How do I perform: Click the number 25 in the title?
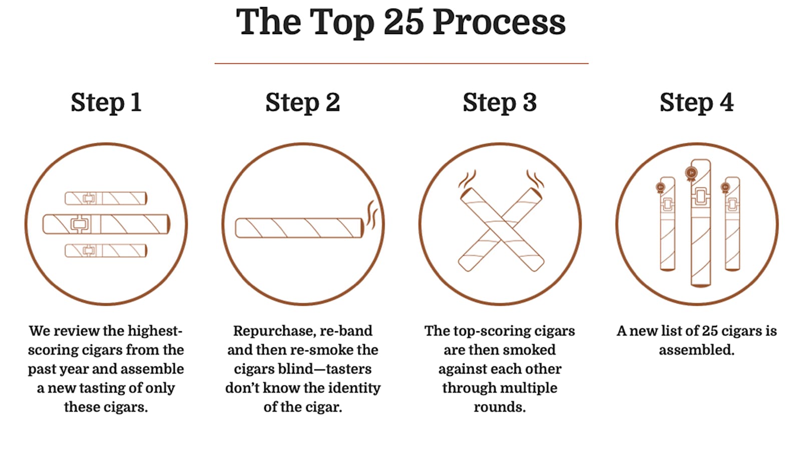click(404, 22)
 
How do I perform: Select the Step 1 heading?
click(106, 103)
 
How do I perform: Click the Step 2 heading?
click(302, 103)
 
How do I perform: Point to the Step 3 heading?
click(500, 103)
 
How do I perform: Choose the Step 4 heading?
click(696, 103)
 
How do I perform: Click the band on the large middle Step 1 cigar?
click(80, 224)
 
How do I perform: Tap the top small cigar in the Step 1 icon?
click(106, 198)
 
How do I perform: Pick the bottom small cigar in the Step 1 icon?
click(106, 251)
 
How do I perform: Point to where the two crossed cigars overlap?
click(501, 229)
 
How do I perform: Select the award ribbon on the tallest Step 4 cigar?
click(691, 174)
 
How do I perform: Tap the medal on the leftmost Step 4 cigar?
click(660, 188)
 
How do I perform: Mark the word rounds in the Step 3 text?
click(500, 407)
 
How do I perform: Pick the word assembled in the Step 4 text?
click(696, 350)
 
